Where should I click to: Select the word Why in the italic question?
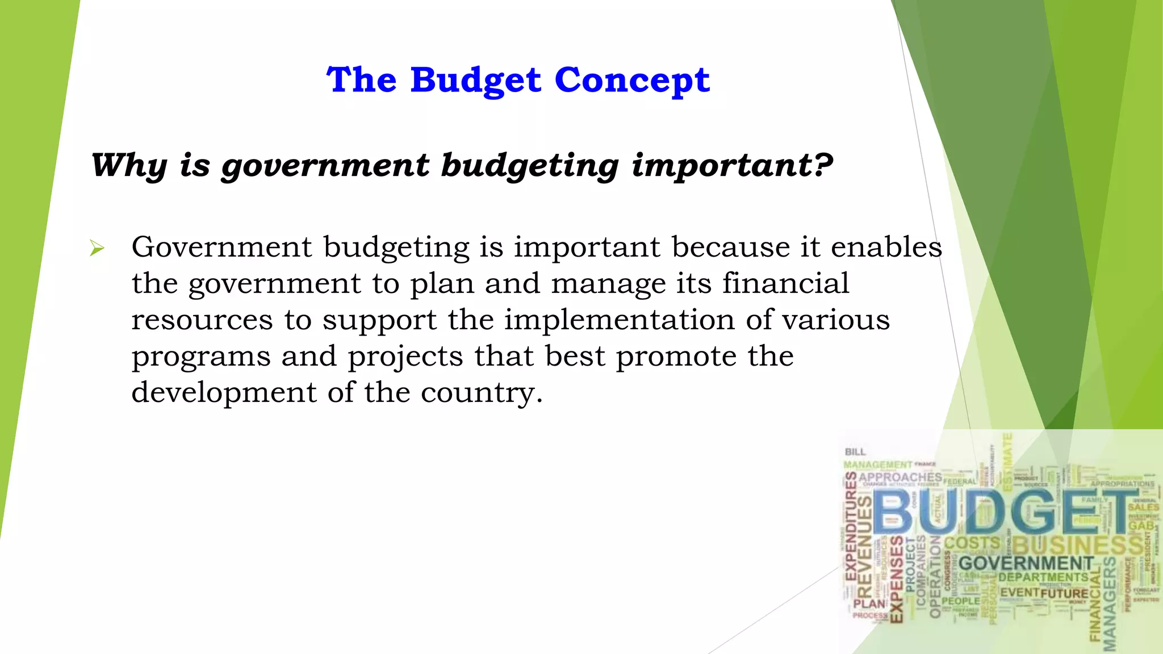pos(129,166)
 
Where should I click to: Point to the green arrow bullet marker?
pos(97,248)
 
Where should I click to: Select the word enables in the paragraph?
pos(886,247)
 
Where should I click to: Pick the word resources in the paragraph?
pos(202,320)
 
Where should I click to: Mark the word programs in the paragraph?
pos(201,357)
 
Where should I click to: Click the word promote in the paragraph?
pos(676,357)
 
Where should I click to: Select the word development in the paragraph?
pos(224,392)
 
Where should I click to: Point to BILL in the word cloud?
pos(855,452)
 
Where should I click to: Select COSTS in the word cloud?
pos(972,543)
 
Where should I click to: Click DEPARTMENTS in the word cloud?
pos(1043,577)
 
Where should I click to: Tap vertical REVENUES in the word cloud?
pos(864,544)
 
